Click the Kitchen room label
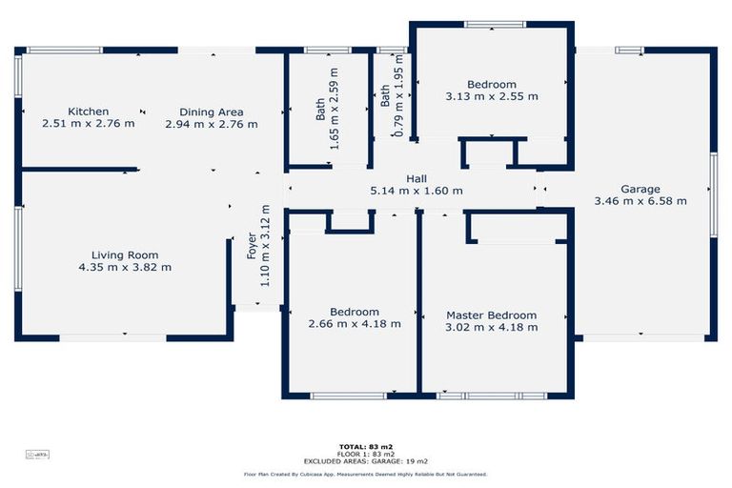coord(88,112)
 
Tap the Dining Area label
coord(211,112)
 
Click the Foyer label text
coord(253,246)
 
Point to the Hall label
coord(417,178)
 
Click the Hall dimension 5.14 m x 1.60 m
coord(417,191)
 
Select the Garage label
coord(640,189)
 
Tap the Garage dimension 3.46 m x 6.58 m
coord(640,201)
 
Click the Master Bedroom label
coord(491,315)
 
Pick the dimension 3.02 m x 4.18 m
coord(491,327)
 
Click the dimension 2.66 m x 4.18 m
coord(354,324)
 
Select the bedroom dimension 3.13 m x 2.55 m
coord(491,96)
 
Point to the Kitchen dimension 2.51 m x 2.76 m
coord(88,124)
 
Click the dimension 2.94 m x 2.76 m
coord(211,124)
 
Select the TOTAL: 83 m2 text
coord(366,446)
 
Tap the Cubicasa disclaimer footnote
coord(366,474)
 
